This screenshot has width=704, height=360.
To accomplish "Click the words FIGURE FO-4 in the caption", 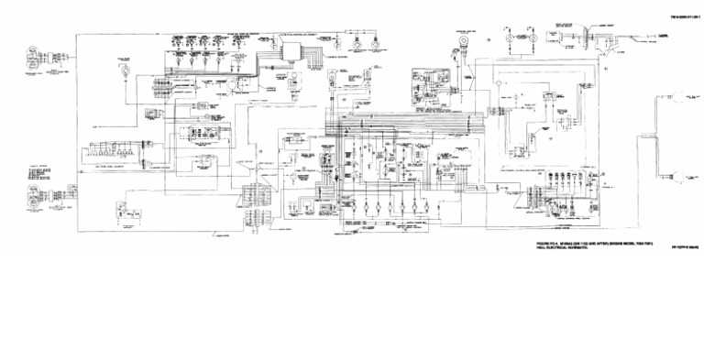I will (551, 242).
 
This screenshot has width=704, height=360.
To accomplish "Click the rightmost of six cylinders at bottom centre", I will (428, 205).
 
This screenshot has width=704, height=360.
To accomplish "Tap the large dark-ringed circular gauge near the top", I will (465, 41).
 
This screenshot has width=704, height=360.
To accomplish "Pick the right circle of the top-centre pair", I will (373, 42).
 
